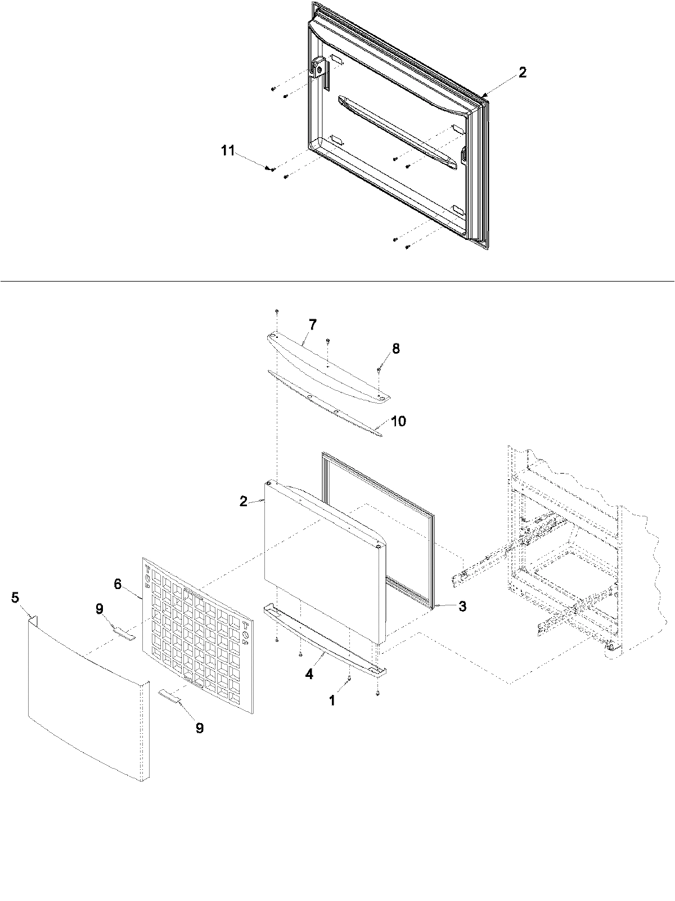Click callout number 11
tap(227, 151)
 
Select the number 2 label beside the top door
tap(523, 72)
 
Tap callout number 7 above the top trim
tap(312, 324)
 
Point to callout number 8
tap(396, 349)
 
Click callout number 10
tap(398, 421)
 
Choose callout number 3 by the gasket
tap(461, 606)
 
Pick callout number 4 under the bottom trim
tap(309, 673)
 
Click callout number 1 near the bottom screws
tap(332, 700)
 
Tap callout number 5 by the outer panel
tap(15, 598)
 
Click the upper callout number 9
tap(100, 608)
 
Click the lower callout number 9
tap(200, 727)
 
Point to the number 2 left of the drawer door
tap(243, 501)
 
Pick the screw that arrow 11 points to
tap(273, 168)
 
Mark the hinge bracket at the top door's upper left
tap(318, 70)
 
